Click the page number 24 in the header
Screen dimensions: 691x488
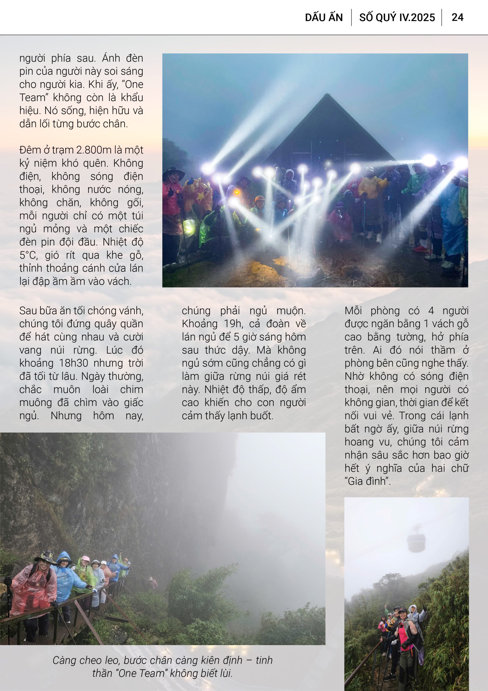(457, 18)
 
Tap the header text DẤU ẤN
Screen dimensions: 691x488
(324, 18)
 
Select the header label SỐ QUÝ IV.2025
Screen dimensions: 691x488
(397, 18)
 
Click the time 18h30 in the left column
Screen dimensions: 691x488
(73, 363)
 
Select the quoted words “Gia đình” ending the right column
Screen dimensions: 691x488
(367, 481)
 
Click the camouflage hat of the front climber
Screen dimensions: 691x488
(45, 557)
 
